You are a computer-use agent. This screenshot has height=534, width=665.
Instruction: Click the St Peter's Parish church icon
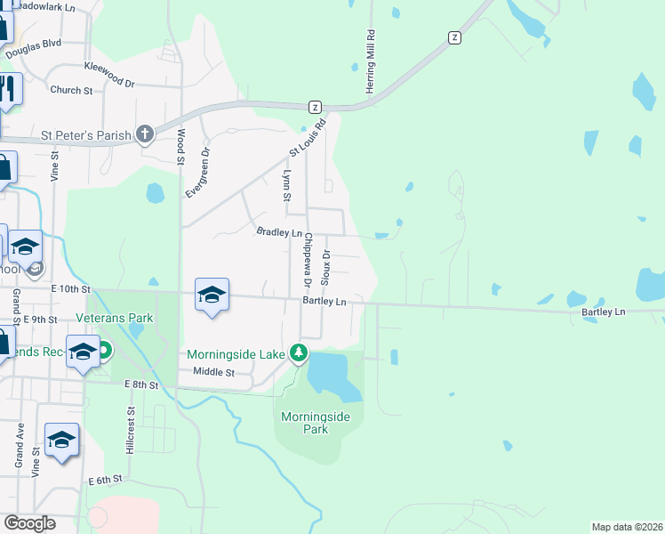145,134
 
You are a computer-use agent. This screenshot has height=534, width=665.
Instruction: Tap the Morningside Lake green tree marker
300,354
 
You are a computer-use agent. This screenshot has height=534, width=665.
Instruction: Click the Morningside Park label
305,423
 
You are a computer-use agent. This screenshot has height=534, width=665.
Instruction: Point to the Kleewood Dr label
108,74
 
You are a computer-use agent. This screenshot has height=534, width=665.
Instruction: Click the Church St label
71,90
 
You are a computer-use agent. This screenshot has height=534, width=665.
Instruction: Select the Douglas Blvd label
33,48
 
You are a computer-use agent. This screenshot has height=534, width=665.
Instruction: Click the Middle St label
213,372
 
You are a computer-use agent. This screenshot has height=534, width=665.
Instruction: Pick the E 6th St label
104,480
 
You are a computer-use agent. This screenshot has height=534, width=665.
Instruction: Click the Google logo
29,523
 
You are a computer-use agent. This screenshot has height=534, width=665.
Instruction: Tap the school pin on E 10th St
212,295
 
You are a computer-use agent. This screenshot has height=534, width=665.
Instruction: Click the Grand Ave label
19,445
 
